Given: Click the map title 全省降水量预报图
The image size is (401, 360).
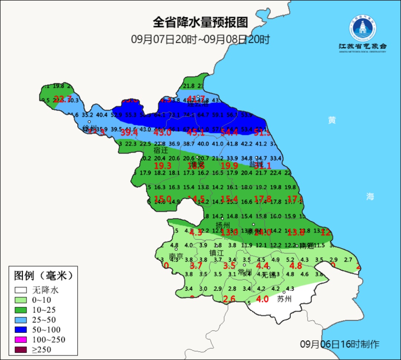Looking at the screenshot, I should coord(200,22).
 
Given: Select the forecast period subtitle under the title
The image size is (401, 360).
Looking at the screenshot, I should coord(200,39).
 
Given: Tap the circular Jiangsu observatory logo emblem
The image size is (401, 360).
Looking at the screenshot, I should coord(362,28).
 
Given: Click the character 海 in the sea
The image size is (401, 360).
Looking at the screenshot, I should coord(370,197).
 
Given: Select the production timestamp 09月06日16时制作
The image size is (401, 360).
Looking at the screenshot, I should coord(340,344).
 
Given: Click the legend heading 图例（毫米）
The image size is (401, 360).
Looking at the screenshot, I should coord(43,276).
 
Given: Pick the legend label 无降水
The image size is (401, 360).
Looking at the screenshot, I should coord(45,290).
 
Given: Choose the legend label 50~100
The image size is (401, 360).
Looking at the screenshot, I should coord(46,330).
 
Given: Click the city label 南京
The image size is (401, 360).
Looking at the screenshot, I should coord(176,257).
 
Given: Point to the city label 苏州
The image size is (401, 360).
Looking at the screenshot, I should coord(284,299).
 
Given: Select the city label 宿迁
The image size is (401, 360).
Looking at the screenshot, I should coord(161,151).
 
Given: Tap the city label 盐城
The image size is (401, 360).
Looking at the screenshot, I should coord(256,164).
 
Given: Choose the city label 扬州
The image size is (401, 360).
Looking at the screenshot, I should coord(223,225).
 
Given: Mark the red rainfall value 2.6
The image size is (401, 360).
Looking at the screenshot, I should coord(229,299).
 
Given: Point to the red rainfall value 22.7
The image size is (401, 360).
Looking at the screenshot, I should coord(62,99).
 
